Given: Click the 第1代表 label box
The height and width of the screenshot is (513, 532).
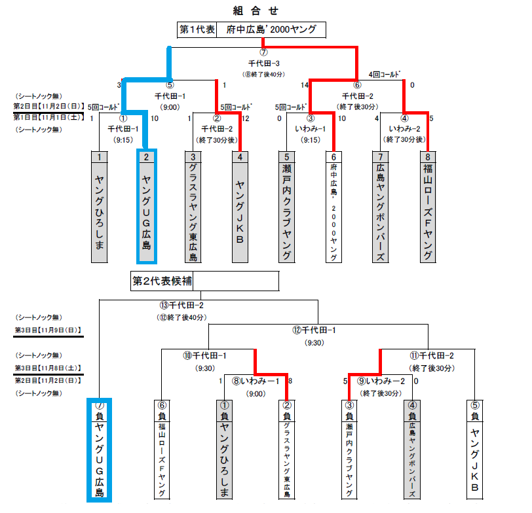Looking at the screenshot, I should (197, 30).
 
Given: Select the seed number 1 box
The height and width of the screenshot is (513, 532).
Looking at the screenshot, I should (99, 156).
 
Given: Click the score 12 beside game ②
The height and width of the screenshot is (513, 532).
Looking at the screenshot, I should (246, 118).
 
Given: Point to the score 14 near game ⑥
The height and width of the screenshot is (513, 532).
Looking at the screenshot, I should (305, 85).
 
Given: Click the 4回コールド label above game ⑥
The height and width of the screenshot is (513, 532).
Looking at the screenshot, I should (385, 75).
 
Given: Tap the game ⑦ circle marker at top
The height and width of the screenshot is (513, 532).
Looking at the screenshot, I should (263, 52).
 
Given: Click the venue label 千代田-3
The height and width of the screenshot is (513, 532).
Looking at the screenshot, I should (263, 63).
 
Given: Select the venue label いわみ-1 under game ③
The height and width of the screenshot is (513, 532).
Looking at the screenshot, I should (310, 129).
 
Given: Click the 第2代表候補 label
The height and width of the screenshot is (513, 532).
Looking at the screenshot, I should (162, 281).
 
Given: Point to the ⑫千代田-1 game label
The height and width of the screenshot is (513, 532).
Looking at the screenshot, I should (318, 330).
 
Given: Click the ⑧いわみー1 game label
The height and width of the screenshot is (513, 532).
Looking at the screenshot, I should (256, 381).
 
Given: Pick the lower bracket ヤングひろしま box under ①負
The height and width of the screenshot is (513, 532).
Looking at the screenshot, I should (223, 455).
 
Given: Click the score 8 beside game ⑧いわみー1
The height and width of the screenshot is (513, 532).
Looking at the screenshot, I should (290, 381).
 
